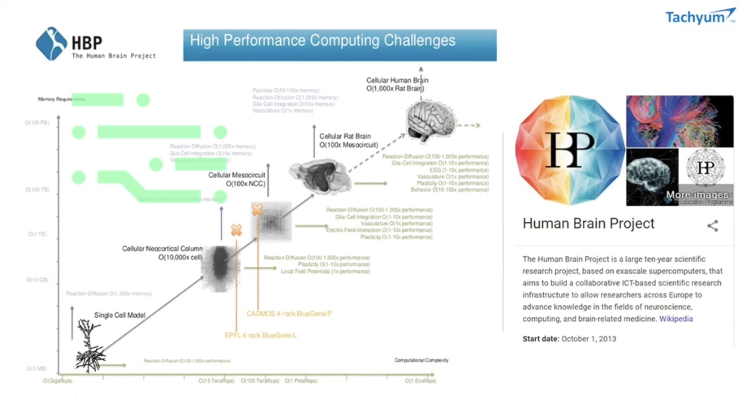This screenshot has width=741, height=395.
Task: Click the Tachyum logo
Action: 701,16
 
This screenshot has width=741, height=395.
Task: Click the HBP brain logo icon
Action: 51,44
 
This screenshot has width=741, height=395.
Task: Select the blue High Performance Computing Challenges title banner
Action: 340,44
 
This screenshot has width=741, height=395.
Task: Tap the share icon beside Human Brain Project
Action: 712,226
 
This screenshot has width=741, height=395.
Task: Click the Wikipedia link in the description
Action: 676,319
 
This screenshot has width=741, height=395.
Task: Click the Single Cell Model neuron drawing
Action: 88,344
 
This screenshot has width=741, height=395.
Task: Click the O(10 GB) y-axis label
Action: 38,279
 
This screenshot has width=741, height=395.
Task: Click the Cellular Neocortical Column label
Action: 162,249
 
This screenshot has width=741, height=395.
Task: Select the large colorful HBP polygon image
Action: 569,150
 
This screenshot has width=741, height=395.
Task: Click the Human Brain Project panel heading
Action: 588,224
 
